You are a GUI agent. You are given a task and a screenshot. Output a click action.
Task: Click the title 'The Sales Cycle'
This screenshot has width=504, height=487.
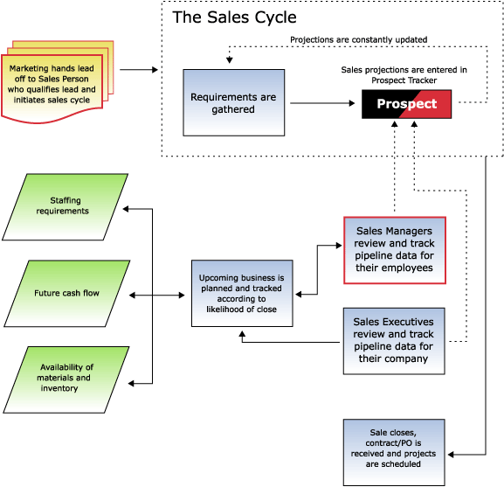[234, 17]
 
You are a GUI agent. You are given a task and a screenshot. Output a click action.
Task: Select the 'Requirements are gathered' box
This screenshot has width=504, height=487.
[234, 103]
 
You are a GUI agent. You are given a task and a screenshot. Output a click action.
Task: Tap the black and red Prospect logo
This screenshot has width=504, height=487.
[406, 104]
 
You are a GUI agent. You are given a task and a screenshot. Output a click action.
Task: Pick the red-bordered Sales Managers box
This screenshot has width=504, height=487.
[395, 249]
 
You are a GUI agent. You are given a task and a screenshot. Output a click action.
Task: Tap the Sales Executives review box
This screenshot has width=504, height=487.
[395, 339]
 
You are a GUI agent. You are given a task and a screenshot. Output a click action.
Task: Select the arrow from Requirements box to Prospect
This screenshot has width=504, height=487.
[323, 104]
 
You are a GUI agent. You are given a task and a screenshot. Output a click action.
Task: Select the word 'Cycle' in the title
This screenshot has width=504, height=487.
[271, 17]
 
